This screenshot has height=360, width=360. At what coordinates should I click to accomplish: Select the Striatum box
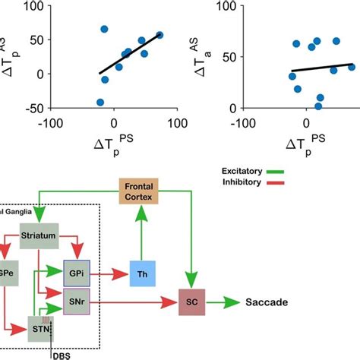[40, 237]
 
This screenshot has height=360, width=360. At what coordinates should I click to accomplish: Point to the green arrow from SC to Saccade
[226, 302]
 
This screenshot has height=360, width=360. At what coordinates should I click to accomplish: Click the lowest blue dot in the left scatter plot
[100, 102]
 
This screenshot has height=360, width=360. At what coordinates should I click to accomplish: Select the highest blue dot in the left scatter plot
[104, 29]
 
